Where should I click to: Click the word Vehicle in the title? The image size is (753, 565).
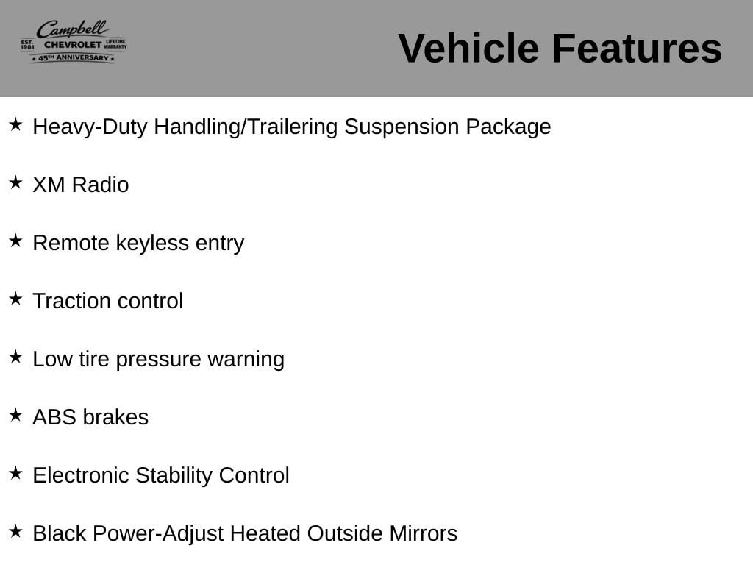pyautogui.click(x=468, y=48)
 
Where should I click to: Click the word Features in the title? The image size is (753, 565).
pyautogui.click(x=637, y=48)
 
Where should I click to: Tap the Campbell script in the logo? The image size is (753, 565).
pyautogui.click(x=72, y=29)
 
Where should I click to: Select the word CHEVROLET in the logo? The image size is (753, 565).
pyautogui.click(x=73, y=45)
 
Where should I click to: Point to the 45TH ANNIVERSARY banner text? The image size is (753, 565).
pyautogui.click(x=74, y=57)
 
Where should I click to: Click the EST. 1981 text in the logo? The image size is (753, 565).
pyautogui.click(x=27, y=45)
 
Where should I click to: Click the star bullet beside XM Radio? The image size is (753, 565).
pyautogui.click(x=16, y=182)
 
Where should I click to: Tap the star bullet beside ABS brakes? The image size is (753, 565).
pyautogui.click(x=16, y=415)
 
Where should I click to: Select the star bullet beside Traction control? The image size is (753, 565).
pyautogui.click(x=16, y=299)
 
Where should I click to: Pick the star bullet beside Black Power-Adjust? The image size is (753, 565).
pyautogui.click(x=16, y=531)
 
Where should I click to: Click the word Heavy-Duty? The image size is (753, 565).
pyautogui.click(x=90, y=127)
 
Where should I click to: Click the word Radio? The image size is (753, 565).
pyautogui.click(x=100, y=185)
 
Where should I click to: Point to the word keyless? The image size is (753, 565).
pyautogui.click(x=152, y=243)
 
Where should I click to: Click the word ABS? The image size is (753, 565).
pyautogui.click(x=54, y=417)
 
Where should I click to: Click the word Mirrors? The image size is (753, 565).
pyautogui.click(x=423, y=533)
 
